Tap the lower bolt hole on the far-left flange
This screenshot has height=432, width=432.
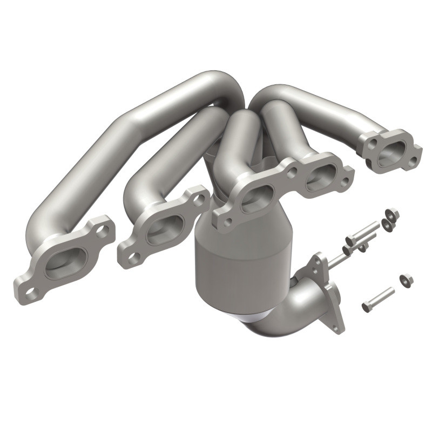[31, 292]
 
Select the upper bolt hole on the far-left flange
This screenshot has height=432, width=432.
[102, 231]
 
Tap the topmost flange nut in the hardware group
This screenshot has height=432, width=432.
[393, 215]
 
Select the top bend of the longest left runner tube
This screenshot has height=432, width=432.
[216, 81]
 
